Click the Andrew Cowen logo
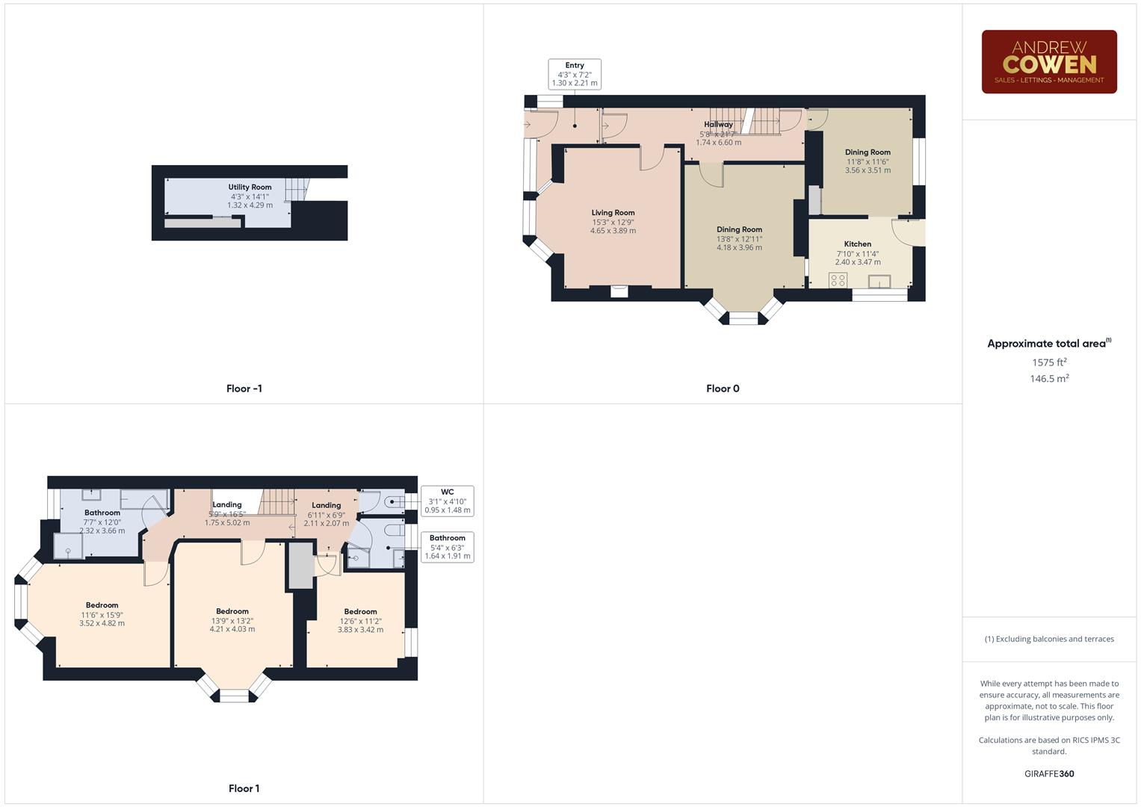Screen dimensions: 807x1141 coord(1048,62)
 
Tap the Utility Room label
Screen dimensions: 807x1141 coord(250,188)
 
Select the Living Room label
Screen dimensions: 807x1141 coord(613,213)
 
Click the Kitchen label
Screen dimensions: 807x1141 coord(857,244)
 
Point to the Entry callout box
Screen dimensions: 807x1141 coord(574,74)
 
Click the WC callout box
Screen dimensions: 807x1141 coord(447,501)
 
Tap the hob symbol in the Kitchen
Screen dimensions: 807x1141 coord(838,280)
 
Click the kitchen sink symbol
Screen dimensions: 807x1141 coord(879,281)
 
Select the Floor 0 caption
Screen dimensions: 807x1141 coord(723,389)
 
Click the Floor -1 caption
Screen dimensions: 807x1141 coord(244,389)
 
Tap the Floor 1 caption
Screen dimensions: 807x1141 coord(244,788)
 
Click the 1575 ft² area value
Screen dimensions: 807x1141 coord(1049,362)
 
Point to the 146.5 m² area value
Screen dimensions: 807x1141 coord(1049,379)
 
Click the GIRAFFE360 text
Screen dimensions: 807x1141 coord(1049,774)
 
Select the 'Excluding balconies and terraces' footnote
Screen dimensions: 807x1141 coord(1049,639)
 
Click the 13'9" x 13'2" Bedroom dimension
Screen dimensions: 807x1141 coord(232,620)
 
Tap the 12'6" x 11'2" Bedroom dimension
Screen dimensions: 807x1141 coord(360,621)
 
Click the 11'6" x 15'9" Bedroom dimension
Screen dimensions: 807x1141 coord(102,614)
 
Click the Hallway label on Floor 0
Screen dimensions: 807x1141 coord(718,125)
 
